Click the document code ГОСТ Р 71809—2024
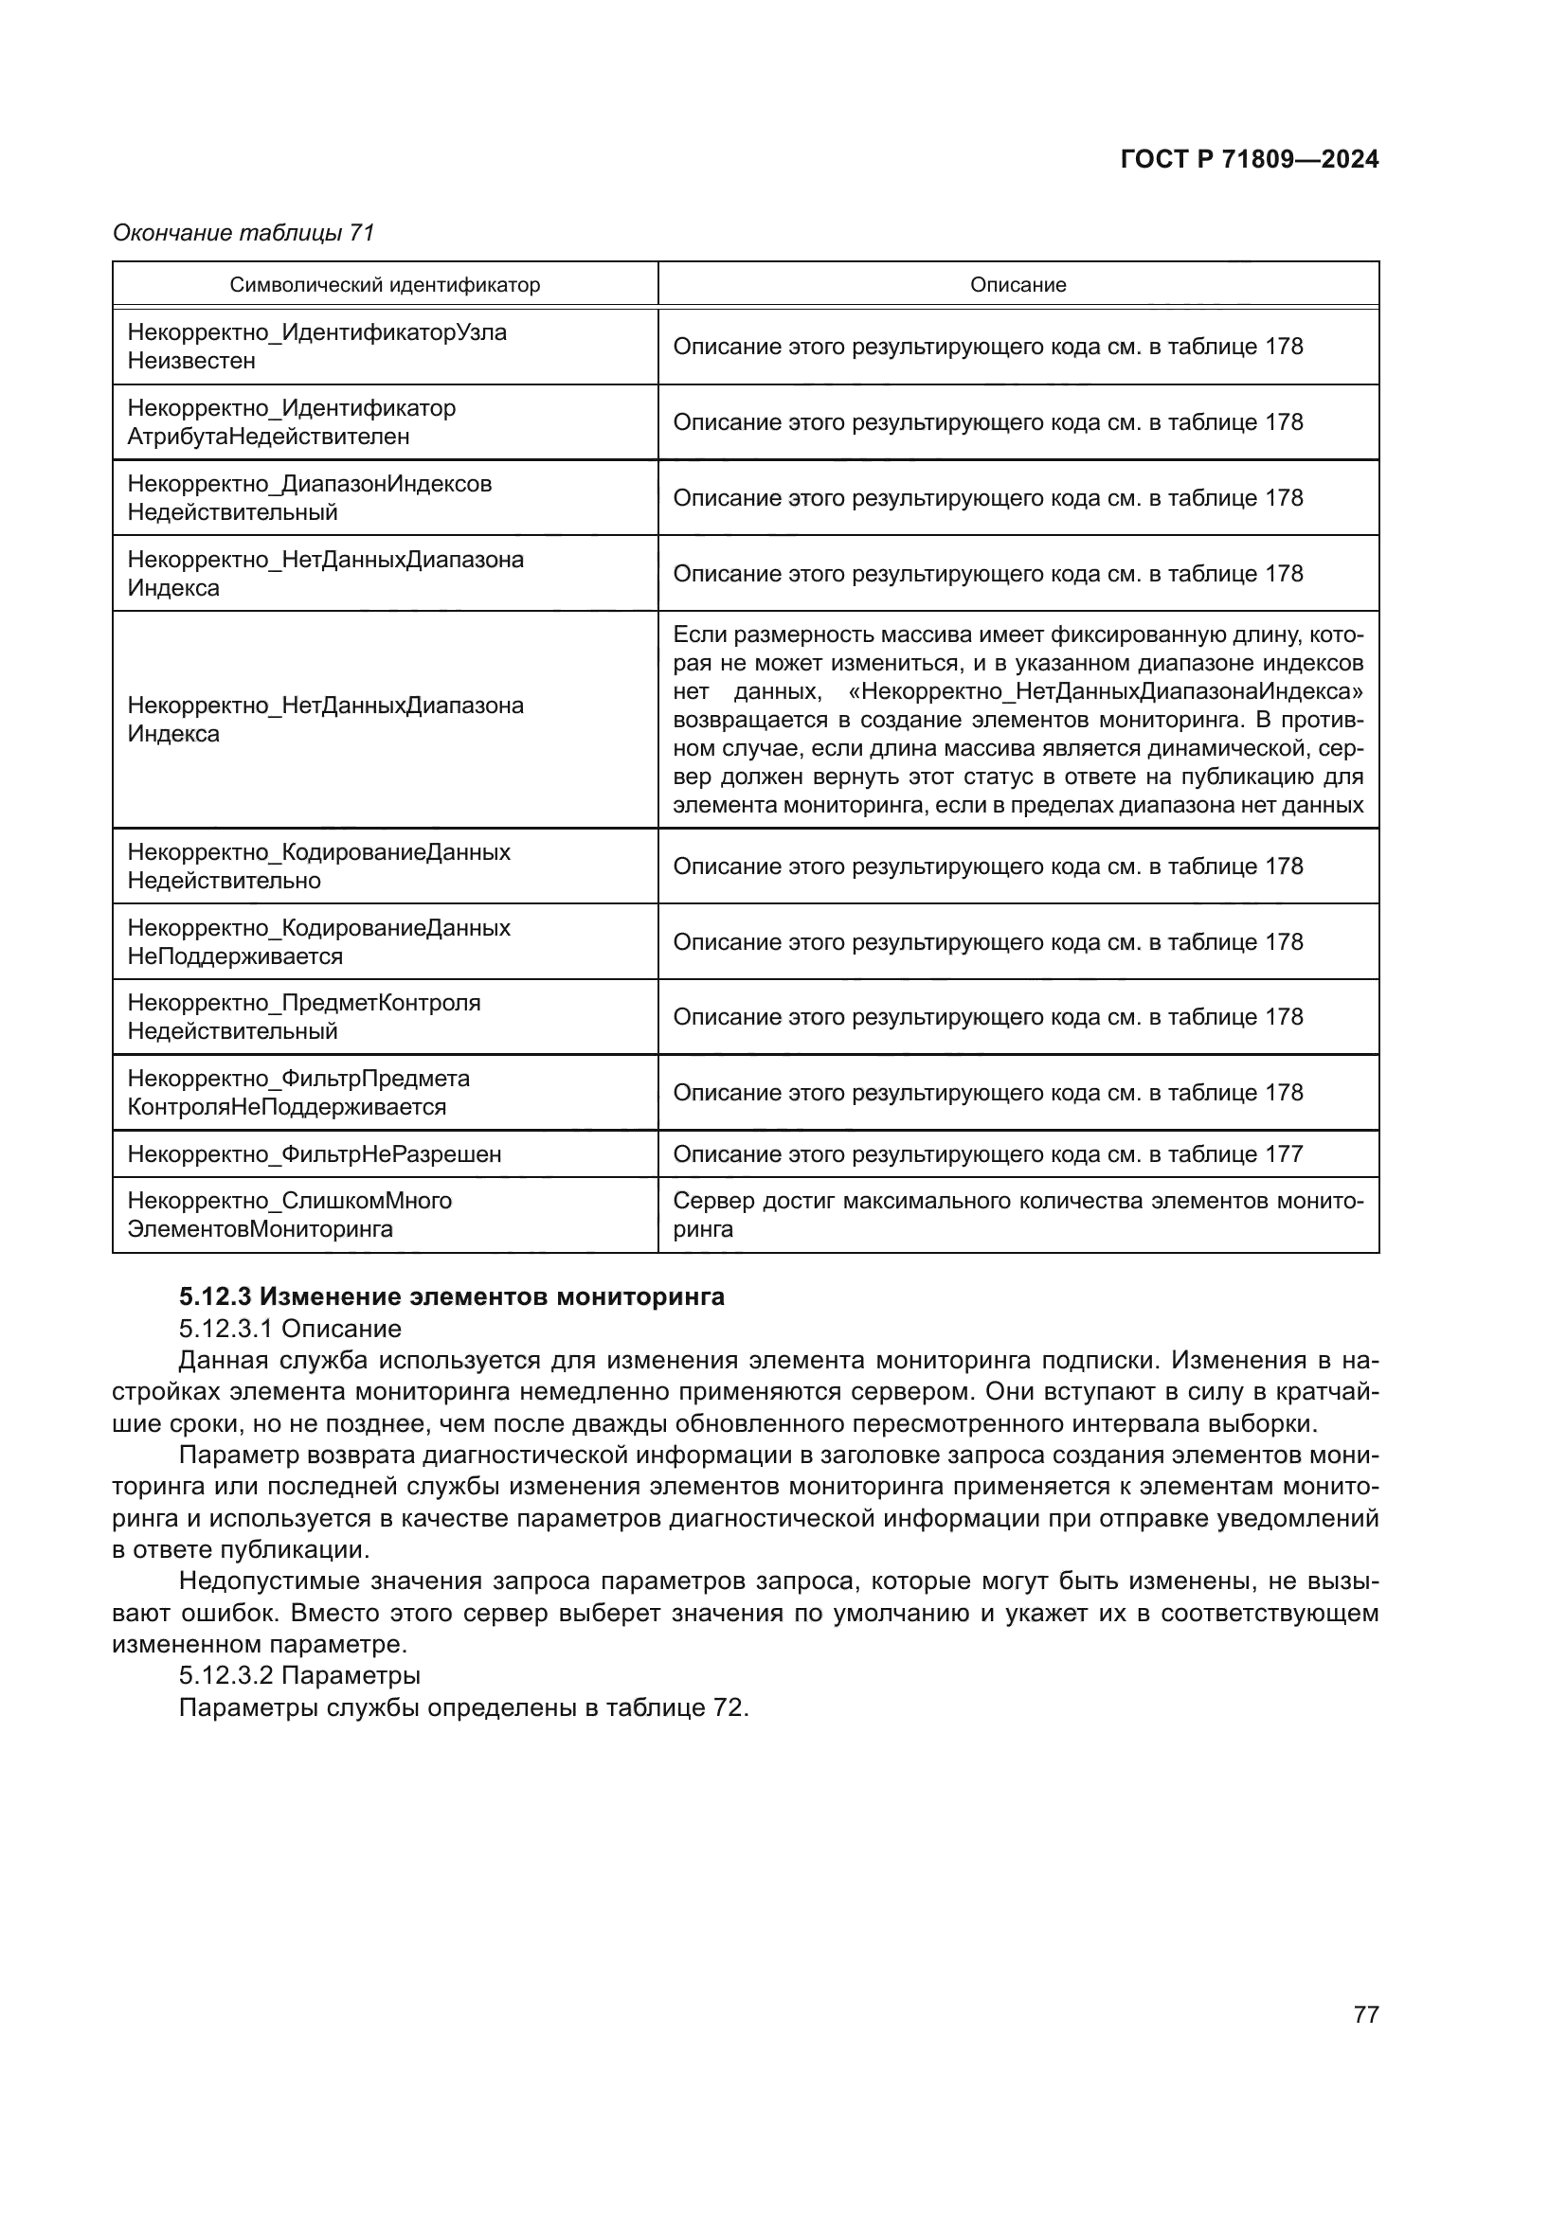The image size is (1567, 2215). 1249,160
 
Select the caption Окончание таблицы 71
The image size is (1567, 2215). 243,233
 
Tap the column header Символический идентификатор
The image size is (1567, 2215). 385,285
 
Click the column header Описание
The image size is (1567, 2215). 1018,285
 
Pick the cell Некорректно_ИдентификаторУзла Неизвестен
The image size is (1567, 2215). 316,347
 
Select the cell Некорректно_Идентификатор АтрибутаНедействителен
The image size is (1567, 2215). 292,422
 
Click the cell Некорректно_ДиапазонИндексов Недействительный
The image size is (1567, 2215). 309,498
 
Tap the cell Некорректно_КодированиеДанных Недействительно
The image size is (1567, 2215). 318,866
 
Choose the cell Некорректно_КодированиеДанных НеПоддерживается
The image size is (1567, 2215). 318,941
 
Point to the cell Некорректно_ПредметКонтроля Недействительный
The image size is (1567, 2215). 303,1017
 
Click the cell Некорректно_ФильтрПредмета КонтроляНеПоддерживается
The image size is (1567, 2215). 298,1092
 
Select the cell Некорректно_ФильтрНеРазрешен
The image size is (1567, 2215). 315,1153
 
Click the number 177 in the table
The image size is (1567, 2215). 1284,1153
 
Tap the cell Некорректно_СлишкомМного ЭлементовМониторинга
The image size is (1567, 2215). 290,1215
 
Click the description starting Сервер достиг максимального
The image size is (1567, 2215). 1018,1215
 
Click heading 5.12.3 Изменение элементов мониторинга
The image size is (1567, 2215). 452,1297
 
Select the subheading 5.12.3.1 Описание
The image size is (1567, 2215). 290,1329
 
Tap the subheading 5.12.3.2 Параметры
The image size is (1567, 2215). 299,1675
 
